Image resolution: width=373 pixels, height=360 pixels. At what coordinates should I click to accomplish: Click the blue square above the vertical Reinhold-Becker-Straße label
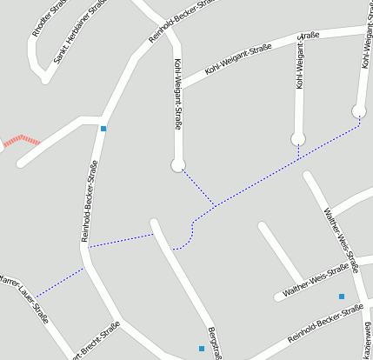point(103,129)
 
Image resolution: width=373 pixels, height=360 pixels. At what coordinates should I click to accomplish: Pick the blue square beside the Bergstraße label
point(202,349)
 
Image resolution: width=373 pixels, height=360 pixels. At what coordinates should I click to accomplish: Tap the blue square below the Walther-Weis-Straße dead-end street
point(342,297)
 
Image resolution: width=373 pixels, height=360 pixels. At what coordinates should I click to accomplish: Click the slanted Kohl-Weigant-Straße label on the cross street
point(237,59)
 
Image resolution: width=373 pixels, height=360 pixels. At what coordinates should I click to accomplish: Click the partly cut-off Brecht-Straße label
point(94,340)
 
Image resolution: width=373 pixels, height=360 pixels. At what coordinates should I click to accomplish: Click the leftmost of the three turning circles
point(178,164)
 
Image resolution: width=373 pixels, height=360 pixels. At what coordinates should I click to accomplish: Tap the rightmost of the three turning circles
point(359,110)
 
